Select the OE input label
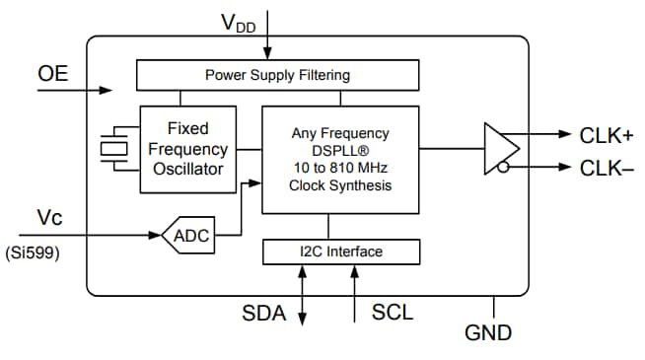tap(52, 74)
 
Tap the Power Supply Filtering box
tap(276, 75)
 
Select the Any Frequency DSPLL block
tap(340, 159)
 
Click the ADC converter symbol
tap(189, 236)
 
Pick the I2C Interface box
tap(340, 252)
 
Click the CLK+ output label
tap(607, 135)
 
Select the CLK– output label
tap(607, 168)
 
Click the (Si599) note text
tap(33, 252)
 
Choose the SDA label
tap(263, 314)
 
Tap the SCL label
tap(393, 314)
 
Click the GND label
tap(488, 333)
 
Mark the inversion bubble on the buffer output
tap(504, 168)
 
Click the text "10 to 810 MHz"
tap(340, 168)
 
